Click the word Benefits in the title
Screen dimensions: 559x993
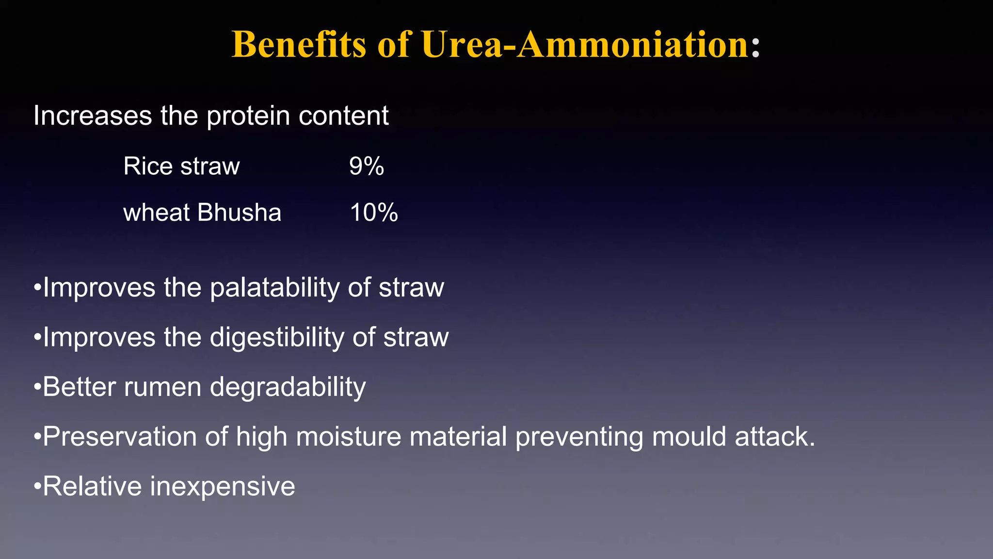pos(299,45)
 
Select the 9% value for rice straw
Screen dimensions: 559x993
pos(367,166)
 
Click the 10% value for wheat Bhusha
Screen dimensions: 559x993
pos(374,213)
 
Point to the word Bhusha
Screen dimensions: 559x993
pos(239,213)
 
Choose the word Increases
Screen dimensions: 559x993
pos(93,116)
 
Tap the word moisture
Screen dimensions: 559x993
pos(349,437)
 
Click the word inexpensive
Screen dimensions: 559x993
pos(223,487)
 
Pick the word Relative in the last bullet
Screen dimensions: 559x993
pos(92,487)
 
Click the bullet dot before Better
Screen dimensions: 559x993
pos(37,388)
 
